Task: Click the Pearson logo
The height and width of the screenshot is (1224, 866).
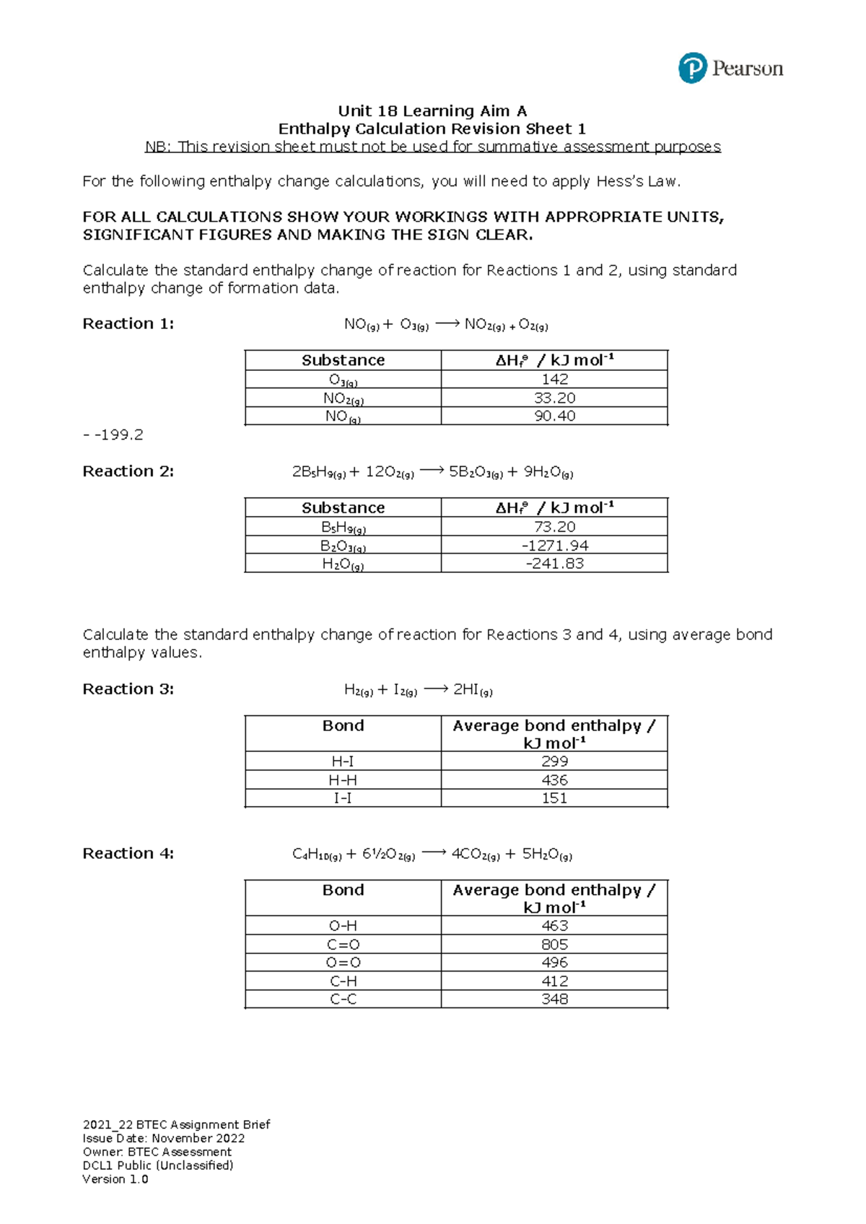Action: [x=730, y=69]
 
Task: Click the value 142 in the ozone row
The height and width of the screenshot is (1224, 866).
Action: [x=554, y=379]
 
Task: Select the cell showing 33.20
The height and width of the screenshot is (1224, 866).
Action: [x=554, y=398]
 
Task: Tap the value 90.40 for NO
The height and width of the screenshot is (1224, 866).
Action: [x=554, y=416]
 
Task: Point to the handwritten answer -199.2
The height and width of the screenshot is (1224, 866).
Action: [x=113, y=434]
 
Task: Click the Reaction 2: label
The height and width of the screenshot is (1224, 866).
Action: [x=128, y=471]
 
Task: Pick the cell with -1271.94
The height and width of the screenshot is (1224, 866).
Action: [x=554, y=546]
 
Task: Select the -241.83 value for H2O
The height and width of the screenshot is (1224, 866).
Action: [x=554, y=564]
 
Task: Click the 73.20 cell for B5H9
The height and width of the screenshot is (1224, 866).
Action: [x=554, y=527]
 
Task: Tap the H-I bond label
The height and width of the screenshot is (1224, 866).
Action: [x=343, y=761]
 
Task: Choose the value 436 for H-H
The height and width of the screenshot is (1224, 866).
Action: [x=554, y=780]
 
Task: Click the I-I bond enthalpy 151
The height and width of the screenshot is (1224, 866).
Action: [x=554, y=798]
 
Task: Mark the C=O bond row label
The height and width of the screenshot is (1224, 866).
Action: [x=343, y=945]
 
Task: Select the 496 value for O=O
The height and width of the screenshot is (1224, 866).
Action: [x=554, y=963]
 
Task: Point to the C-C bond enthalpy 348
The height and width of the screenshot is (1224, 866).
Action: [x=554, y=999]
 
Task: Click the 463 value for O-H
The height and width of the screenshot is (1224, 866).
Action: [x=554, y=926]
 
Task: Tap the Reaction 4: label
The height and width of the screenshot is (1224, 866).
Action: [x=128, y=854]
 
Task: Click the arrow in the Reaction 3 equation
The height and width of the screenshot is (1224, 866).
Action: [x=435, y=689]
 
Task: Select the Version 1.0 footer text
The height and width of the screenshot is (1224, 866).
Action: [x=115, y=1179]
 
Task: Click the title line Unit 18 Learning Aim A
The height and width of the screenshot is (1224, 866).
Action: [x=432, y=111]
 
